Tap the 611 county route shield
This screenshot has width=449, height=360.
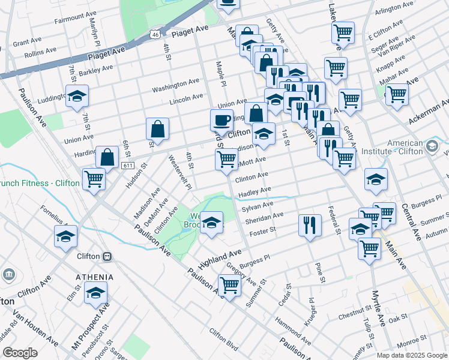pyautogui.click(x=127, y=166)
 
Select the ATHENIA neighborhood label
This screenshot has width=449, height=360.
pyautogui.click(x=94, y=277)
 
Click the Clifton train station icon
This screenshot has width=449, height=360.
pyautogui.click(x=107, y=256)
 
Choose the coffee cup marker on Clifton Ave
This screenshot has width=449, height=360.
pyautogui.click(x=221, y=119)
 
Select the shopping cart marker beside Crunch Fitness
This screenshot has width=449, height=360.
pyautogui.click(x=94, y=178)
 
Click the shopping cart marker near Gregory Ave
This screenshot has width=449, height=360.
pyautogui.click(x=229, y=285)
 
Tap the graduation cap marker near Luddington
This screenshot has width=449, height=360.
pyautogui.click(x=77, y=96)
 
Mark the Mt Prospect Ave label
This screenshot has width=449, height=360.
pyautogui.click(x=91, y=326)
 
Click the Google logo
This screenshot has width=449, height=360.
pyautogui.click(x=20, y=353)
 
